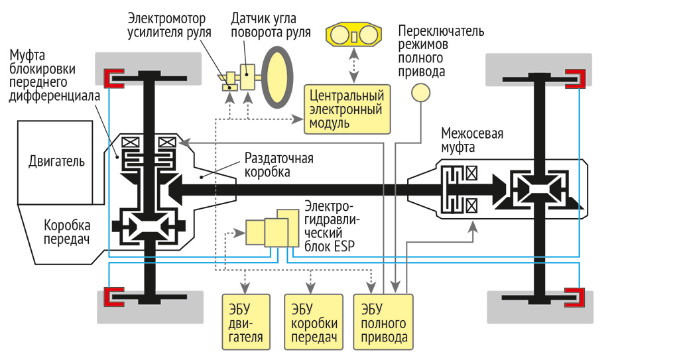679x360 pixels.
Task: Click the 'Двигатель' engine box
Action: [56, 161]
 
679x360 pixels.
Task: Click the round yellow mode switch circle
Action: [420, 93]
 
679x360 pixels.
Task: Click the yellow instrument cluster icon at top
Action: [354, 35]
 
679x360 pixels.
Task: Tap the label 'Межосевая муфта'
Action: [471, 141]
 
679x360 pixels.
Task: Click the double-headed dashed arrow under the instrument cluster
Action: [354, 66]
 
